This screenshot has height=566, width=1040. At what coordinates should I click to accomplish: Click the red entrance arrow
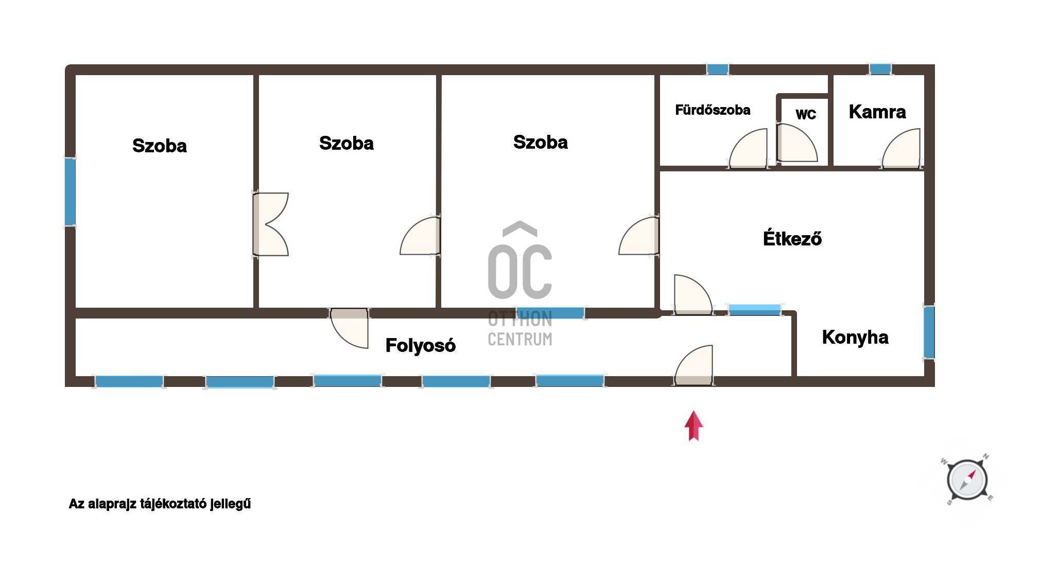pos(694,426)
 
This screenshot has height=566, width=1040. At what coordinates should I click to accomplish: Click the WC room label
pos(806,114)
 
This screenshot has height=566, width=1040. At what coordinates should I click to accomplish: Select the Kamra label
pos(877,112)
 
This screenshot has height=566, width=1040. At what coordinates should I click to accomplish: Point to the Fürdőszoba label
pos(713,110)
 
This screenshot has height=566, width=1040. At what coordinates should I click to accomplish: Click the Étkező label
pos(792,238)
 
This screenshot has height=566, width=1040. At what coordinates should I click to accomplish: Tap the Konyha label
pos(855,337)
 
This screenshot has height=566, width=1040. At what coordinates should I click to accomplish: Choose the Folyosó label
pos(420,345)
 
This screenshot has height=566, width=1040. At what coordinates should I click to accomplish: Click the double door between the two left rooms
pos(270,224)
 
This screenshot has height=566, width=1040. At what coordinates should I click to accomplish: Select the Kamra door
pos(901,149)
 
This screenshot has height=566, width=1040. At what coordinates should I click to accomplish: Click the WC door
pos(796,143)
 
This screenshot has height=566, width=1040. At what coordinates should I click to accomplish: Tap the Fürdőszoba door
pos(749,149)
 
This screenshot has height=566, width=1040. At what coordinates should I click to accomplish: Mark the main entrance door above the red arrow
pos(694,365)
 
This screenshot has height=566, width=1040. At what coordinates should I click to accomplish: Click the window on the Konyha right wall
pos(929,332)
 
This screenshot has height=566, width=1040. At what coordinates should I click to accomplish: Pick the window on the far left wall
pos(70,191)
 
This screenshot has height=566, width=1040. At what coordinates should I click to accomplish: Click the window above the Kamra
pos(880,69)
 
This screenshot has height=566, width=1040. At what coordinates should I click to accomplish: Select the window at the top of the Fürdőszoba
pos(717,69)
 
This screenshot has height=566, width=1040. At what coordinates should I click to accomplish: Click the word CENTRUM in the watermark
pos(520,339)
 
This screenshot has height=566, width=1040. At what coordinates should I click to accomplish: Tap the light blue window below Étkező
pos(755,310)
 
